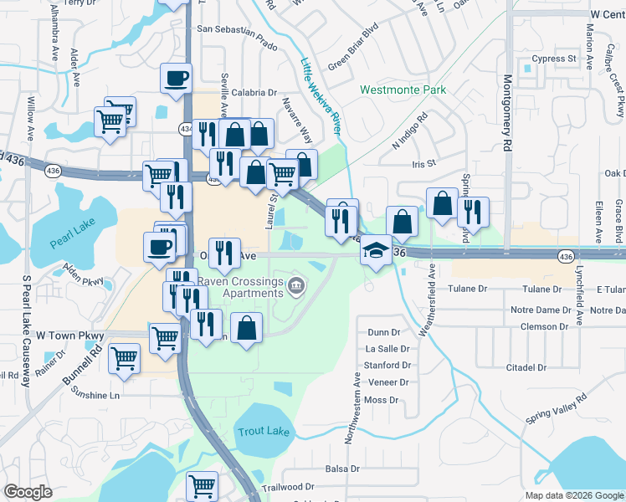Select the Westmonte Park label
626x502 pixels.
403,90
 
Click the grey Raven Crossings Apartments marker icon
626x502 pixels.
295,288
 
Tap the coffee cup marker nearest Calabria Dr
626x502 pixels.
176,79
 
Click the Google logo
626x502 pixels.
28,492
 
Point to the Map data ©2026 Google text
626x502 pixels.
573,495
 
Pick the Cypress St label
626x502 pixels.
555,59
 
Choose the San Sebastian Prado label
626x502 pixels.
237,28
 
